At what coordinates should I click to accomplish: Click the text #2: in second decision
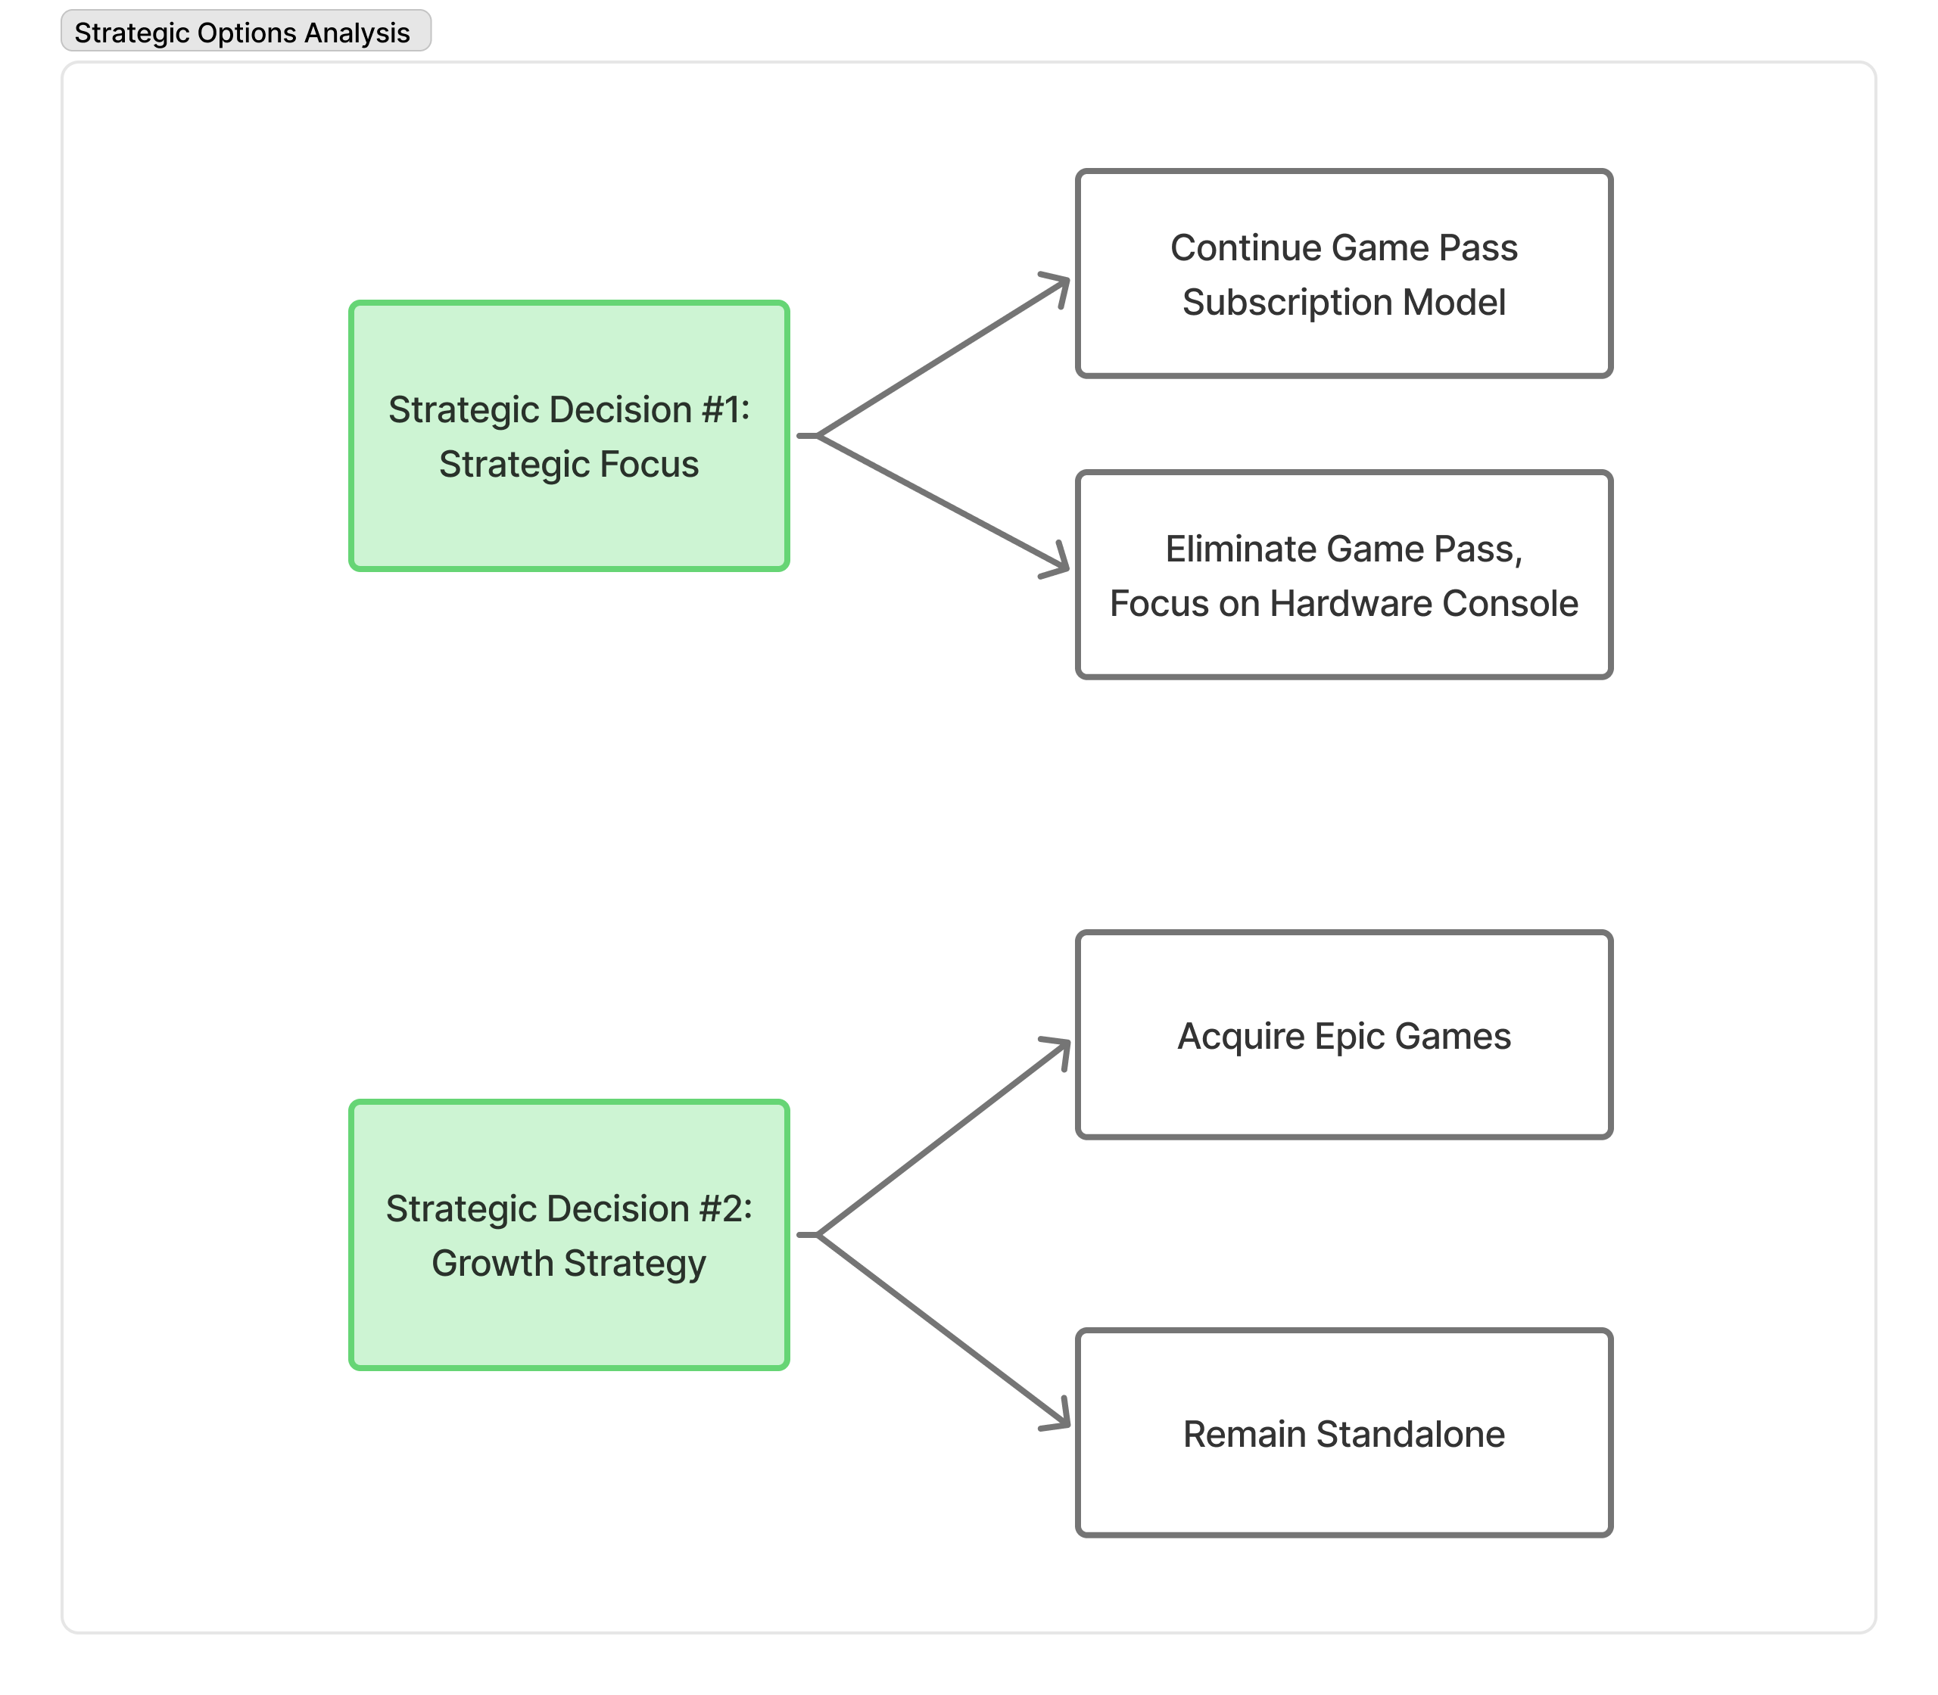click(727, 1209)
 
